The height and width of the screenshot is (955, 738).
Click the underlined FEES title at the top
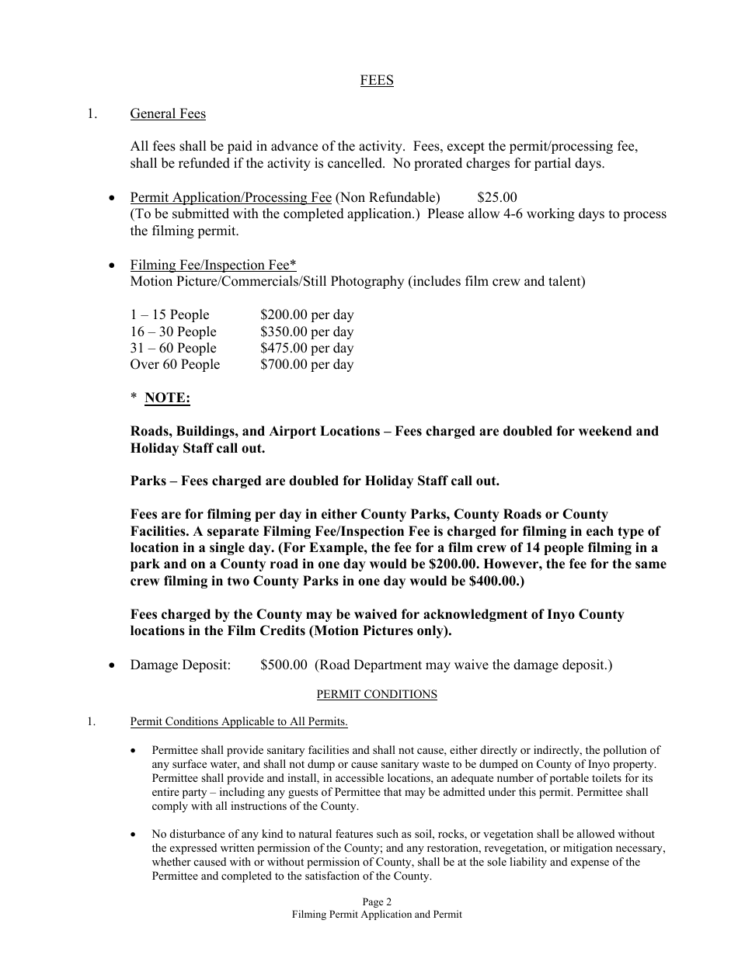[x=377, y=81]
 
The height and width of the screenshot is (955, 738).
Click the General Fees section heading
[x=168, y=114]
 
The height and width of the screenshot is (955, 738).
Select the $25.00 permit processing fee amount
[x=497, y=197]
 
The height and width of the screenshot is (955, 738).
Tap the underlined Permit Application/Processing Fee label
[x=231, y=197]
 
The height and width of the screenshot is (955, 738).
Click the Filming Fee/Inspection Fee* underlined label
[x=213, y=265]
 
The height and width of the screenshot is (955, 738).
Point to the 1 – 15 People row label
[x=169, y=315]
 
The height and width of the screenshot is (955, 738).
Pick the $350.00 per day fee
[x=307, y=332]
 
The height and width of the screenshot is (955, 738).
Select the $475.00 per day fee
[x=307, y=349]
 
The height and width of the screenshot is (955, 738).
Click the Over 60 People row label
[x=175, y=365]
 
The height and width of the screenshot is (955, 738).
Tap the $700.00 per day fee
[x=307, y=365]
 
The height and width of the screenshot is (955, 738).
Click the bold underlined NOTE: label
[x=167, y=398]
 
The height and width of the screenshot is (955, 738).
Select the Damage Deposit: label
[x=180, y=665]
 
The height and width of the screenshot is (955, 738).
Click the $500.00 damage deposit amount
[x=285, y=665]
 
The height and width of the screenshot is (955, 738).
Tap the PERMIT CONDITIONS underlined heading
[x=377, y=695]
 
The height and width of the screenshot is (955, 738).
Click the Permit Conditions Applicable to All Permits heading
[x=238, y=722]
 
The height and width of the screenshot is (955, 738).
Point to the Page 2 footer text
[x=377, y=902]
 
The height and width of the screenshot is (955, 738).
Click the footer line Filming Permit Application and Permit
[x=377, y=915]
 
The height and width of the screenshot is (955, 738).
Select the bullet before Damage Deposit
[x=114, y=665]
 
